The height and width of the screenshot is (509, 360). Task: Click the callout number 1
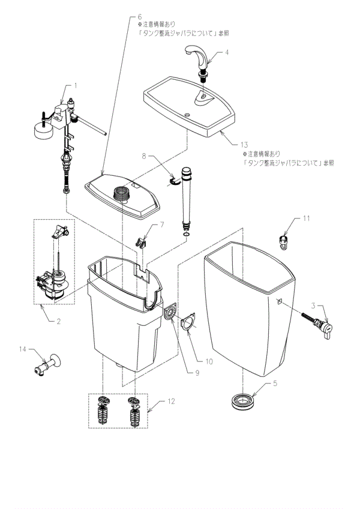pyautogui.click(x=76, y=85)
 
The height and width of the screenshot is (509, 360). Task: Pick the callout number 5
pyautogui.click(x=275, y=382)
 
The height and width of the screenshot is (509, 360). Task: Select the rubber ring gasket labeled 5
pyautogui.click(x=244, y=400)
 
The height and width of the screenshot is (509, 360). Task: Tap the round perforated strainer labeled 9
pyautogui.click(x=170, y=314)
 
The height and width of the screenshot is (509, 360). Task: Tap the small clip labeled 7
pyautogui.click(x=142, y=241)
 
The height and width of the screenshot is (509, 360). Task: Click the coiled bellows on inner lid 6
pyautogui.click(x=122, y=193)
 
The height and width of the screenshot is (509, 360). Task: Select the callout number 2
pyautogui.click(x=58, y=321)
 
